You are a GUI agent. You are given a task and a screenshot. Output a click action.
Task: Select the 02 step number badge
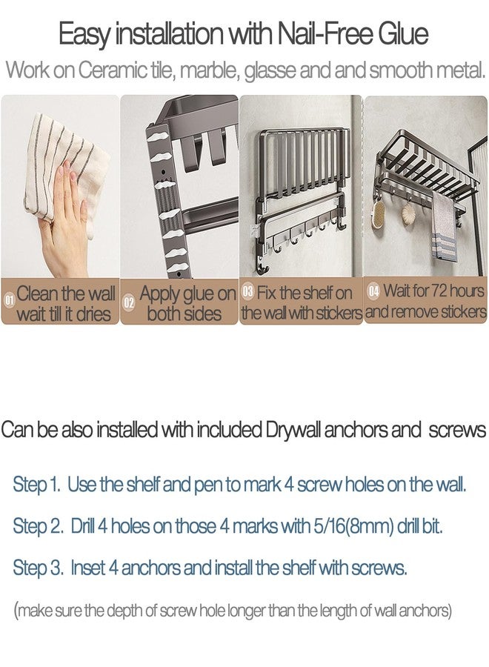129,302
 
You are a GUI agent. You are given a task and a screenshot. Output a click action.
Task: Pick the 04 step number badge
373,291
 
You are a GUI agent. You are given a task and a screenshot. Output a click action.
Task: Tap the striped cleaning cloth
64,170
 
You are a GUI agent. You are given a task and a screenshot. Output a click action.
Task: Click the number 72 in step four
439,291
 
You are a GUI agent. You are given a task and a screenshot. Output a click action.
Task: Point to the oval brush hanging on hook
379,213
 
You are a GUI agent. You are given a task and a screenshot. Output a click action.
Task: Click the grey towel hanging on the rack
444,228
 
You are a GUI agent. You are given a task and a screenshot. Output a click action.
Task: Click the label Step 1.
36,485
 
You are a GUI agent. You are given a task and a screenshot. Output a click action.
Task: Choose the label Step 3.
39,568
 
